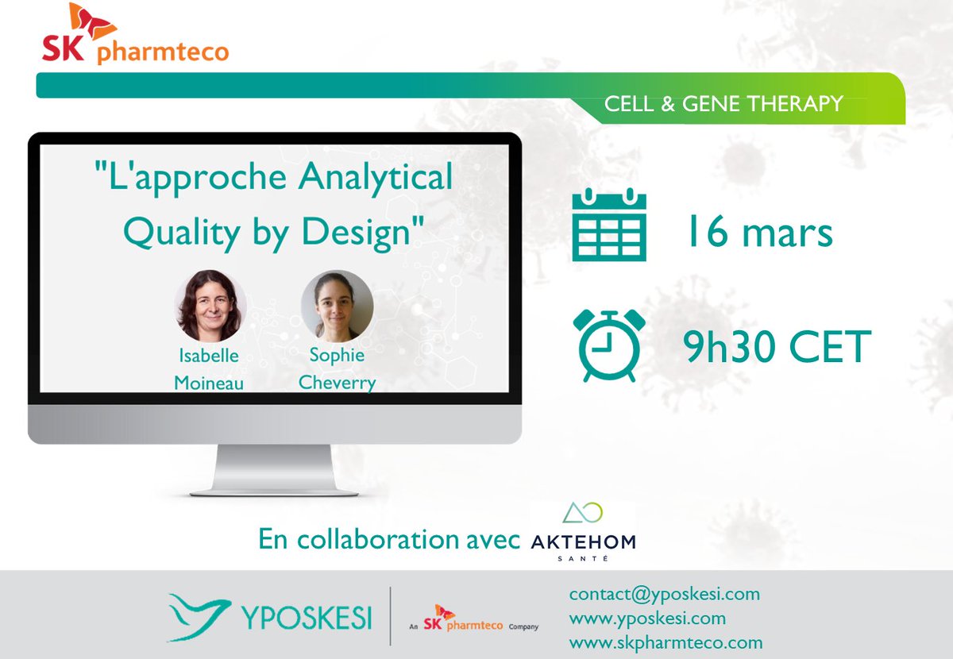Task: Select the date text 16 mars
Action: (x=758, y=232)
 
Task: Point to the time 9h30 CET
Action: (x=777, y=347)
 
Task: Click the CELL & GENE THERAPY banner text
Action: (x=723, y=104)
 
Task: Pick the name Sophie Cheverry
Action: (x=337, y=368)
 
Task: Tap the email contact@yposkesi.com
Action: (x=665, y=594)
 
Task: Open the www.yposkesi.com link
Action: (x=647, y=618)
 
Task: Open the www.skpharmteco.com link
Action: (x=666, y=642)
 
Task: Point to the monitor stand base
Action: (x=274, y=481)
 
